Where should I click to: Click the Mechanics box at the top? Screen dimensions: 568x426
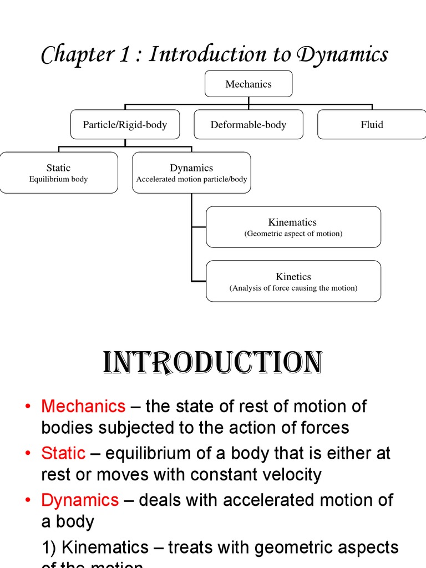point(248,84)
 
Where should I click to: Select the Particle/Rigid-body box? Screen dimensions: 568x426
point(125,125)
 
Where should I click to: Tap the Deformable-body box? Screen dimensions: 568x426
point(248,125)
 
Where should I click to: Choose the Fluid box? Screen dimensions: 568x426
point(372,125)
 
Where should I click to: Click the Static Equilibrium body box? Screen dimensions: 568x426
point(58,173)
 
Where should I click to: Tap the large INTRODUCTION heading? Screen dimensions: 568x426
point(212,363)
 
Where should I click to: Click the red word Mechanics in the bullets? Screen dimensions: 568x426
point(83,407)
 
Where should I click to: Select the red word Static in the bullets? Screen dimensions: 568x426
point(63,453)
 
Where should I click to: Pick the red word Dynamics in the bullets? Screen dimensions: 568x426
point(80,500)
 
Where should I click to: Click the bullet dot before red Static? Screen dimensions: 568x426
point(28,454)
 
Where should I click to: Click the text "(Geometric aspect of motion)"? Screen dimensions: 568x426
point(293,234)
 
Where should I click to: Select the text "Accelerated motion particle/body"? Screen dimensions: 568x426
point(191,180)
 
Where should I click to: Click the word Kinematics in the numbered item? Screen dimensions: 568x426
point(105,547)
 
